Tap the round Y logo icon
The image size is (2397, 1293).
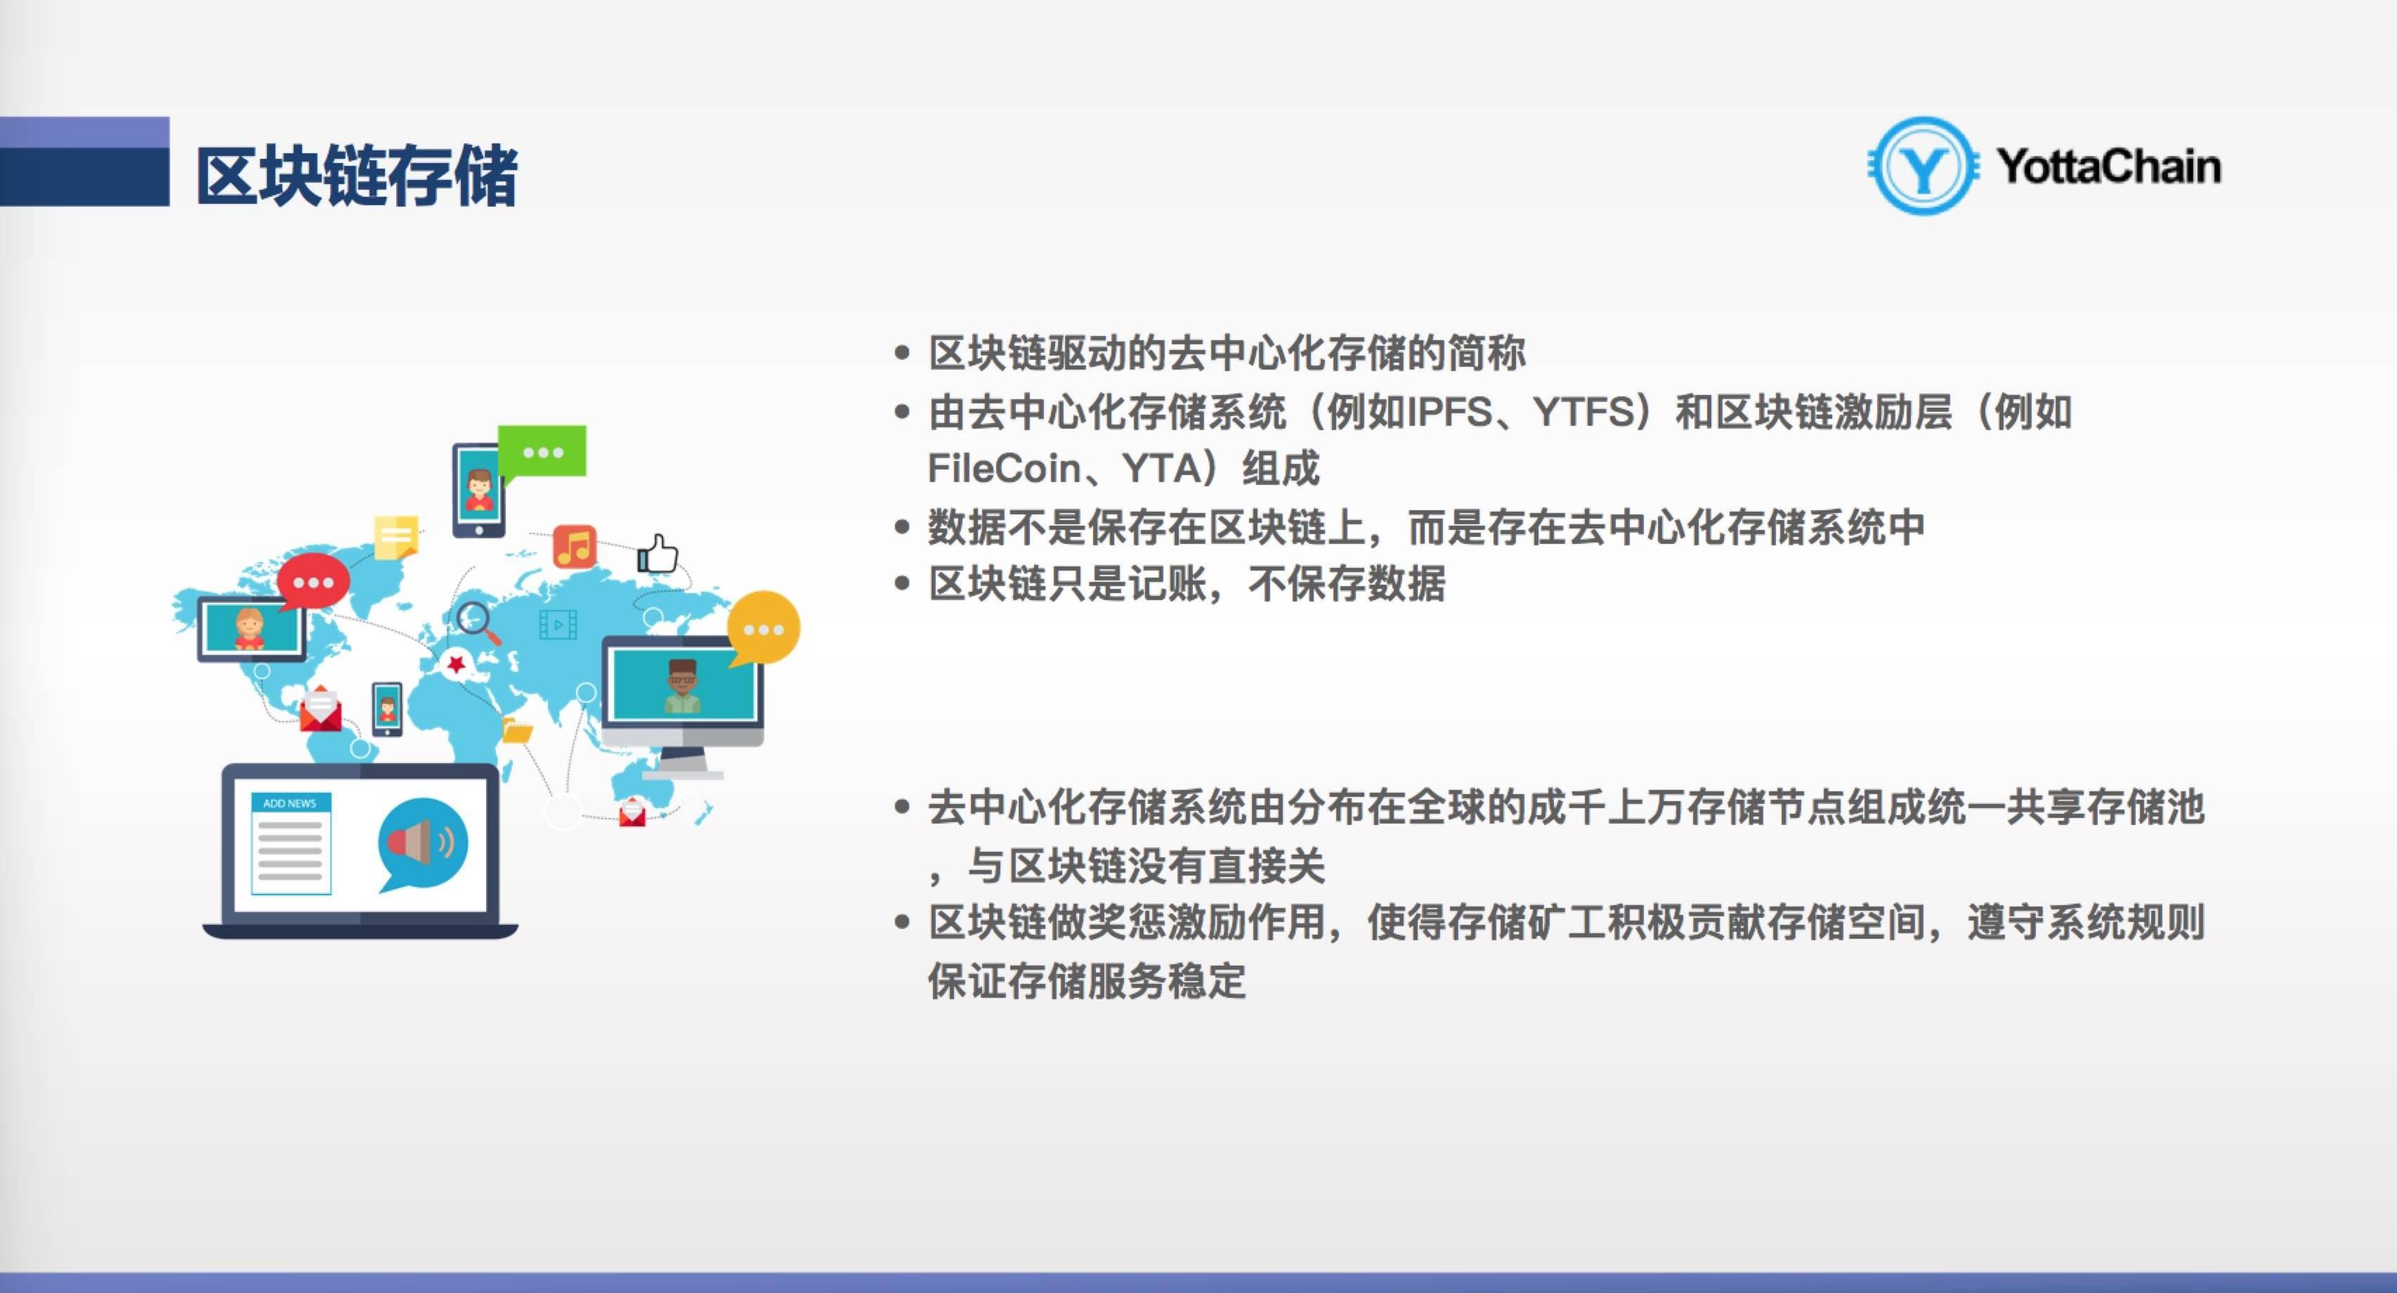1922,166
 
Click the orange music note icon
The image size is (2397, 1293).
574,547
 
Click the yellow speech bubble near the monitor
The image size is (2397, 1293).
763,628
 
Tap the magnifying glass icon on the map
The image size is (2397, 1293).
477,622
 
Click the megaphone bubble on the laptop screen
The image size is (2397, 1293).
424,843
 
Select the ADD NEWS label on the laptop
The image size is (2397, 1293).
289,803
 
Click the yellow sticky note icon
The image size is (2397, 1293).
396,537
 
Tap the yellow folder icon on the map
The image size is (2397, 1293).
517,731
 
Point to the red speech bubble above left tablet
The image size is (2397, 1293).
313,583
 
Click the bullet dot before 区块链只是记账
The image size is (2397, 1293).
901,585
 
